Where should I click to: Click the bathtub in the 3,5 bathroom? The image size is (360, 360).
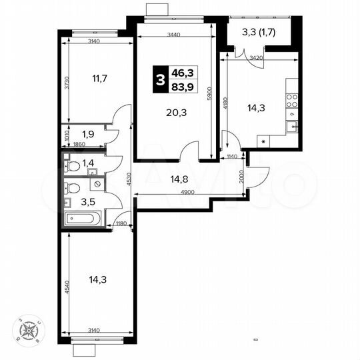[82, 218]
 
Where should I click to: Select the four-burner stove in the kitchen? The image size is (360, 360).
[292, 101]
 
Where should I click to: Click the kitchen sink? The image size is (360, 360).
[292, 125]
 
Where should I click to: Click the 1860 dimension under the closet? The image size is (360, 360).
[79, 144]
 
